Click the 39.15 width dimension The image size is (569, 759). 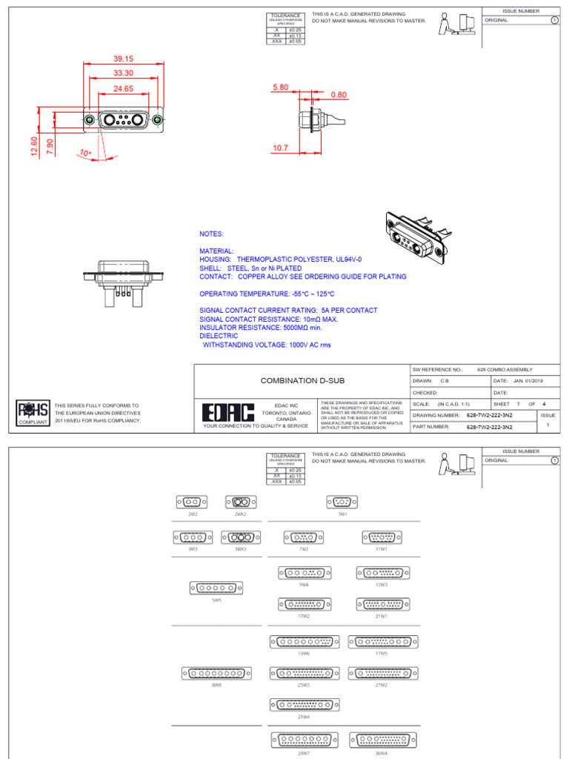[123, 59]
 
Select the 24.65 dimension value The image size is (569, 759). [123, 88]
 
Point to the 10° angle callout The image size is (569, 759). [86, 153]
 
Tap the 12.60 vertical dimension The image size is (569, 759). [33, 146]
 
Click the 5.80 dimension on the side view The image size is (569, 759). [280, 87]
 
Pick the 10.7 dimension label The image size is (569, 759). [280, 148]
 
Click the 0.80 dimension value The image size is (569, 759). [339, 95]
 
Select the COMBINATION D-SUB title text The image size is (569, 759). [293, 380]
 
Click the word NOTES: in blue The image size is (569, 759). [212, 233]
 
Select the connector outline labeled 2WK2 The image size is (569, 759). [240, 502]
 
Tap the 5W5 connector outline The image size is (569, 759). [216, 588]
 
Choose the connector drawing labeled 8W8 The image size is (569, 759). [216, 673]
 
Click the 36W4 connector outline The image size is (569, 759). [382, 740]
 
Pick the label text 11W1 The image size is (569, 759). [382, 550]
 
